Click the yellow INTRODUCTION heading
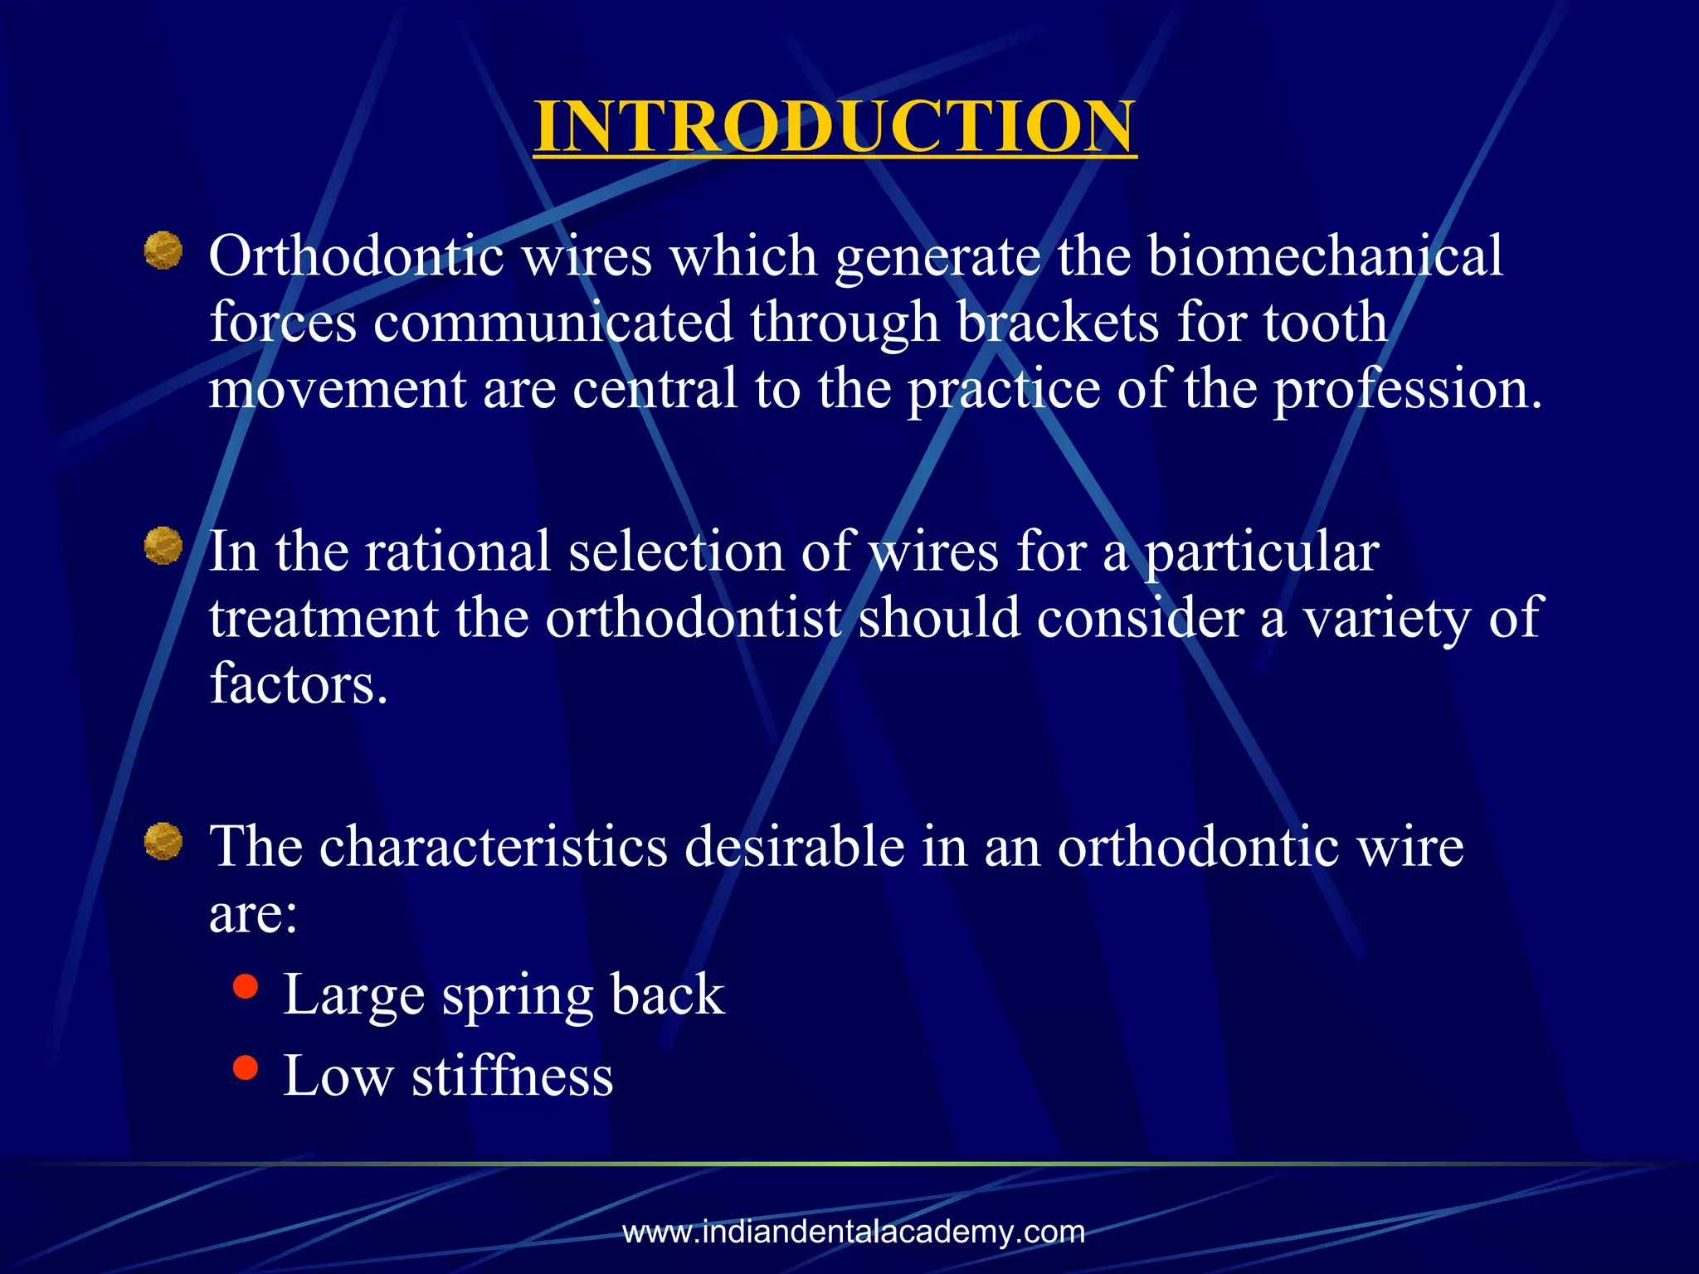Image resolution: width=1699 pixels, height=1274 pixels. tap(835, 126)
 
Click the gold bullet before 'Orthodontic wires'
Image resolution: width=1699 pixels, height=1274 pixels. tap(163, 250)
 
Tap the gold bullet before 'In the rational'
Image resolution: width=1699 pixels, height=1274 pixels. tap(163, 546)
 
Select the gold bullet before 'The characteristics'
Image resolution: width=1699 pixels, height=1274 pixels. tap(163, 841)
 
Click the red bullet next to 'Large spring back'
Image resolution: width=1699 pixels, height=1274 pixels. tap(246, 987)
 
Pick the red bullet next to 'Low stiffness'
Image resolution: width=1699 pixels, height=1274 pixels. tap(246, 1067)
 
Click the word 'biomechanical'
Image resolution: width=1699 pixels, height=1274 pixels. tap(1325, 255)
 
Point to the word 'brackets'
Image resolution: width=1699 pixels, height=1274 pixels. tap(1058, 322)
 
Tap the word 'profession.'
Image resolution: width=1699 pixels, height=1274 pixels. tap(1408, 388)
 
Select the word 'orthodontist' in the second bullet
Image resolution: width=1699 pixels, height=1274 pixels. tap(693, 618)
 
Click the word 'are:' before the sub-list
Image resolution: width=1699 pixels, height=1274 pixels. tap(253, 913)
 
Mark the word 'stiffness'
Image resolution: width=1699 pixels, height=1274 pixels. tap(512, 1076)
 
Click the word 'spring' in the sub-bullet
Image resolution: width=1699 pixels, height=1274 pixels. tap(518, 995)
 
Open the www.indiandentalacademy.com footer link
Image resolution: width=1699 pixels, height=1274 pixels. tap(854, 1232)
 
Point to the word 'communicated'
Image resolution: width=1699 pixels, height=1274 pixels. tap(553, 322)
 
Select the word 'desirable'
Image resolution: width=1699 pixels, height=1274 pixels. tap(795, 847)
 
